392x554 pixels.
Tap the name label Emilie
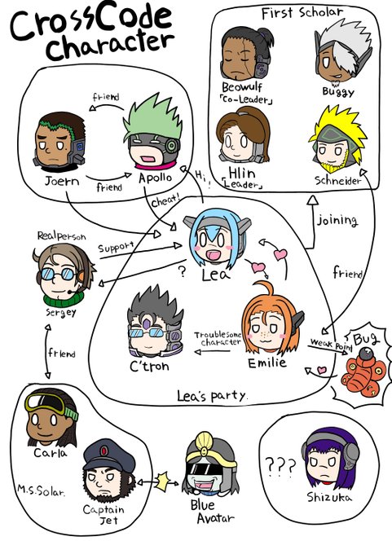click(x=266, y=363)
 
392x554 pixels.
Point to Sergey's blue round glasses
click(x=58, y=274)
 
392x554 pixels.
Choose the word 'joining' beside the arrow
click(x=337, y=221)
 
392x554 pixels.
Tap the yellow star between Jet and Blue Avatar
click(x=163, y=482)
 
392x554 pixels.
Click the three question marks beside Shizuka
click(x=280, y=467)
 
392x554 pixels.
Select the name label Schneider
click(x=338, y=181)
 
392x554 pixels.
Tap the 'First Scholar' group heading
click(x=302, y=13)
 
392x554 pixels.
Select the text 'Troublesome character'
click(x=218, y=338)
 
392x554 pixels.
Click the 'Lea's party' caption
click(x=211, y=396)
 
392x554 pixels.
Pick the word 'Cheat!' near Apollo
click(x=165, y=201)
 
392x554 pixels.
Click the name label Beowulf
click(x=242, y=87)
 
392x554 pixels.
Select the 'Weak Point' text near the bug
click(x=331, y=344)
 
